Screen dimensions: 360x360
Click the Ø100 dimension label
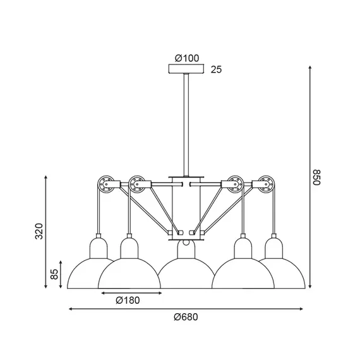187,58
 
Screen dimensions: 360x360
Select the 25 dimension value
216,69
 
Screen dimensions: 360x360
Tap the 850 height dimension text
316,177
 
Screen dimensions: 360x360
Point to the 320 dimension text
39,231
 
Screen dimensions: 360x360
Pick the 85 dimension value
54,274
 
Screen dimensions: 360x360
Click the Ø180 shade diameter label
128,300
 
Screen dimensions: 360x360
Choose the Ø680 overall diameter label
186,317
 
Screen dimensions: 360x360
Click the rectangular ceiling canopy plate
186,69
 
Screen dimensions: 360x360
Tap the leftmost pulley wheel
106,184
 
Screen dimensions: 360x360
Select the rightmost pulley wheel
267,184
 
